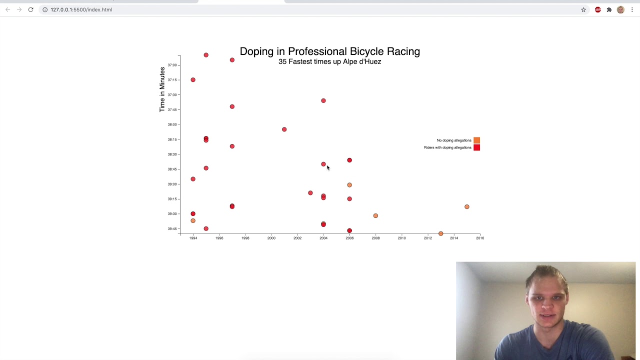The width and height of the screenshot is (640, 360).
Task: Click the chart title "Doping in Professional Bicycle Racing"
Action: [329, 51]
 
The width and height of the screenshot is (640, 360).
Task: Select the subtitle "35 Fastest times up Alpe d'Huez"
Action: [329, 61]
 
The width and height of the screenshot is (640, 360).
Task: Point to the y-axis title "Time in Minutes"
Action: [162, 89]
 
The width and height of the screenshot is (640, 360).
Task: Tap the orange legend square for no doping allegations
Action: [476, 140]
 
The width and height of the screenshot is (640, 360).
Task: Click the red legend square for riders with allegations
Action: [476, 147]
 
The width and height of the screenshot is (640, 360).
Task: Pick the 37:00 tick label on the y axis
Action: [172, 65]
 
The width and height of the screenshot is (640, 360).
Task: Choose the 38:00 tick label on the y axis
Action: [172, 124]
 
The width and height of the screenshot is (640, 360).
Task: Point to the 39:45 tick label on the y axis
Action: [172, 229]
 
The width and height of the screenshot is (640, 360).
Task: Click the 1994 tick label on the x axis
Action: [193, 238]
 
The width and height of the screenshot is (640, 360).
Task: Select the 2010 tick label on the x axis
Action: [401, 238]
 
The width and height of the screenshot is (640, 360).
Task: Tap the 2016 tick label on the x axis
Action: [480, 238]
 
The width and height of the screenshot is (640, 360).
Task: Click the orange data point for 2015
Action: [467, 206]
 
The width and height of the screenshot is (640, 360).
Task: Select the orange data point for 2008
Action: [375, 215]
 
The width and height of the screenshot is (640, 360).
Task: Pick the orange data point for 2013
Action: [440, 233]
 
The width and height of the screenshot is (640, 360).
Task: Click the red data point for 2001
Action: [284, 129]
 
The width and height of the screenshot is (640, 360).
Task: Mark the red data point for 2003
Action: [310, 193]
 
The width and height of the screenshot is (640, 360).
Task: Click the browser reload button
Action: [30, 9]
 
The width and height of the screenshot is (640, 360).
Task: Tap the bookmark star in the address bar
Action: [583, 9]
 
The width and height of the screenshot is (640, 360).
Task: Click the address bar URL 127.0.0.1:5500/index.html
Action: [81, 9]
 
